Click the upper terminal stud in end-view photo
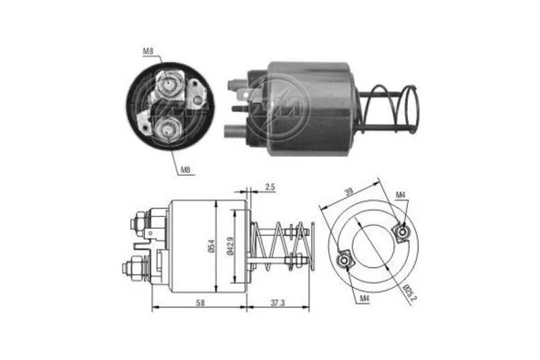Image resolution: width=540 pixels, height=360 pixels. [x=169, y=88]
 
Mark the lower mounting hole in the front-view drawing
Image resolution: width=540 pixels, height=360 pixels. [x=344, y=262]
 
